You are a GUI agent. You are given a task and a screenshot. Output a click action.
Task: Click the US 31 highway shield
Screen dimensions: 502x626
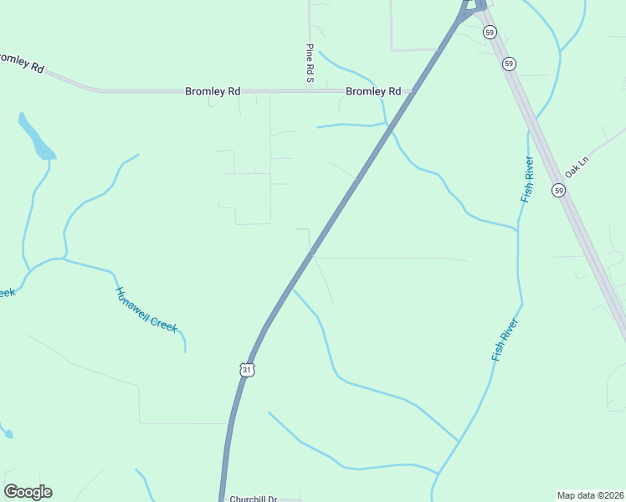coord(245,369)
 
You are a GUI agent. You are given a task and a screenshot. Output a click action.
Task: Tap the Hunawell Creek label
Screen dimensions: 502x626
coord(146,310)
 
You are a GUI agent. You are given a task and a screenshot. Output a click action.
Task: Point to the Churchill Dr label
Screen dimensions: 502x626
coord(253,498)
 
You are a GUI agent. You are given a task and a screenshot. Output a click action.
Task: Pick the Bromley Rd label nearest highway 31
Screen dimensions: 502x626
coord(373,91)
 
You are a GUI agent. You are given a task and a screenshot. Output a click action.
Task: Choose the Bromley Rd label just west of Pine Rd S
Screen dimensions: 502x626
coord(213,91)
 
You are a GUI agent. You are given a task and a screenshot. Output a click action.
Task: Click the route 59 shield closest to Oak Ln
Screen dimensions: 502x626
coord(558,191)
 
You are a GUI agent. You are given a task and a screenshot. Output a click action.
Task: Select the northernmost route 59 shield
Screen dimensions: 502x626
coord(490,32)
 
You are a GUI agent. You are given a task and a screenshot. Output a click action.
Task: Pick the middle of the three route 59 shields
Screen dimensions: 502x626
coord(510,64)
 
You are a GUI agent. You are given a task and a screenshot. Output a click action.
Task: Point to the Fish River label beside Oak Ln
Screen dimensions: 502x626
coord(527,179)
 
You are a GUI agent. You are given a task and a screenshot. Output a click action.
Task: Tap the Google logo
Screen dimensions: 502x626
coord(28,492)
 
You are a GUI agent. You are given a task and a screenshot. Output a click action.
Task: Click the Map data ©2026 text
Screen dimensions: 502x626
coord(590,494)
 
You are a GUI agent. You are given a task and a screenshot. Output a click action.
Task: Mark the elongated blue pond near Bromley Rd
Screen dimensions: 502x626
coord(36,137)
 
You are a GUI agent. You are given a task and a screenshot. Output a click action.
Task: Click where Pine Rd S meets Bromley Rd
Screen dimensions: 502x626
coord(310,90)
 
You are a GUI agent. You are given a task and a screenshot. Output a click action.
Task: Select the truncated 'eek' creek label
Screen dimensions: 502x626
coord(6,292)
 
